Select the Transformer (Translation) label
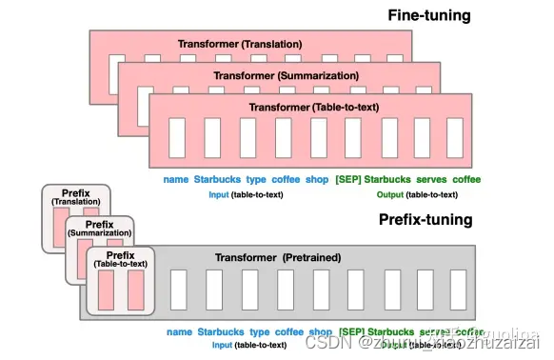(x=240, y=45)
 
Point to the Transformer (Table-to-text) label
(x=303, y=107)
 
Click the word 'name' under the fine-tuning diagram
(x=176, y=179)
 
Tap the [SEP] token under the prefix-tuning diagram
(x=351, y=331)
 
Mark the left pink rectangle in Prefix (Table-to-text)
(x=107, y=290)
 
